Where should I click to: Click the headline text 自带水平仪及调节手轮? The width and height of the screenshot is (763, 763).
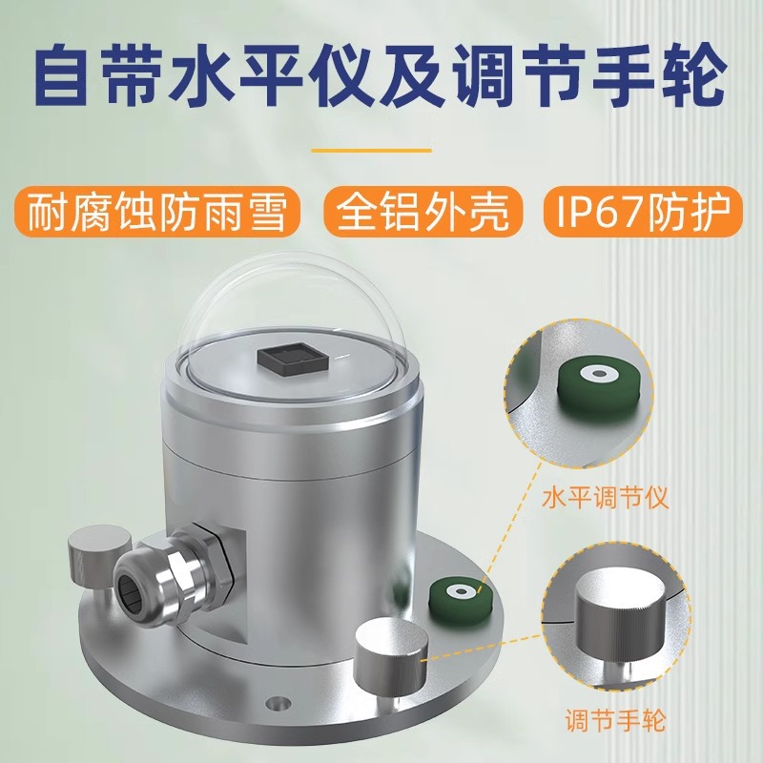point(381,76)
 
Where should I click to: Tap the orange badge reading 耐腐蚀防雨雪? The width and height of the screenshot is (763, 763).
point(157,213)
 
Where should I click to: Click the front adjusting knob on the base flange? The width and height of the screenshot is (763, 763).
point(390,658)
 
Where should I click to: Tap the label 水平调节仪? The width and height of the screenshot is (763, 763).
point(607,497)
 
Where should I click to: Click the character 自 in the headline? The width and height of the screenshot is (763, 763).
point(70,76)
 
